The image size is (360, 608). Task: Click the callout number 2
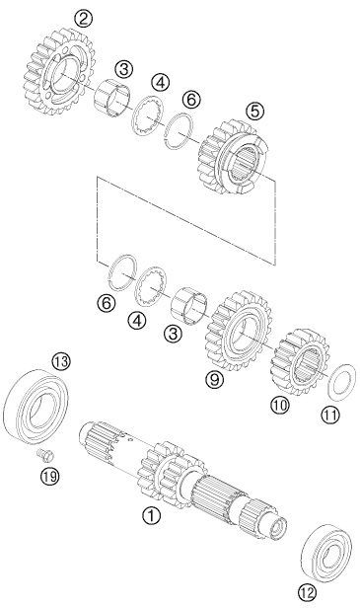(84, 19)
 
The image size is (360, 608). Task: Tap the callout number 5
(254, 111)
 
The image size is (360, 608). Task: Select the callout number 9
(215, 379)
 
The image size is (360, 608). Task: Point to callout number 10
(280, 405)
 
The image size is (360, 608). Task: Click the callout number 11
(329, 416)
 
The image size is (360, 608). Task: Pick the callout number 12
(307, 592)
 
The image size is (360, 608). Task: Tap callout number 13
(61, 362)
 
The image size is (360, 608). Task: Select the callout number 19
(50, 476)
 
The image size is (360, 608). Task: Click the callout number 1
(151, 515)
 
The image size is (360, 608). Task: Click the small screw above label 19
(45, 454)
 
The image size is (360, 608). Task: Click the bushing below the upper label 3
(111, 98)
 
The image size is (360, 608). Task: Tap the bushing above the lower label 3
(188, 305)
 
